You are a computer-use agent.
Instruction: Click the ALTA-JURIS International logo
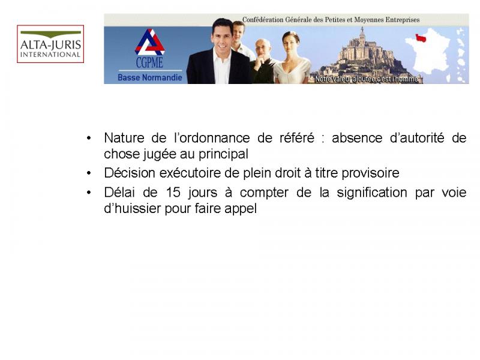[x=50, y=44]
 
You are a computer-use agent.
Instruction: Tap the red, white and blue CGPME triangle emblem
[x=149, y=42]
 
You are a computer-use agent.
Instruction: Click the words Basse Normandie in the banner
[x=149, y=77]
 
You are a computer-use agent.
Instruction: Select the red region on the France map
[x=421, y=38]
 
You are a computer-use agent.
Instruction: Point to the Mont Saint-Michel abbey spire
[x=362, y=32]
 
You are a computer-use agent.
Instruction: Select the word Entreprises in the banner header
[x=403, y=20]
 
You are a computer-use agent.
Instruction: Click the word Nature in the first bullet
[x=124, y=138]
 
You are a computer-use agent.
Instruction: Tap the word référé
[x=297, y=138]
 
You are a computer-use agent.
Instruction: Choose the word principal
[x=223, y=155]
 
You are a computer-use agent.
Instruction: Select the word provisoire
[x=370, y=173]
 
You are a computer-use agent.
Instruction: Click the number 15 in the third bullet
[x=173, y=193]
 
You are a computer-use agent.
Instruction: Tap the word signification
[x=372, y=193]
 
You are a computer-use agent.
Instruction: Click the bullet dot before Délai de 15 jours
[x=89, y=193]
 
